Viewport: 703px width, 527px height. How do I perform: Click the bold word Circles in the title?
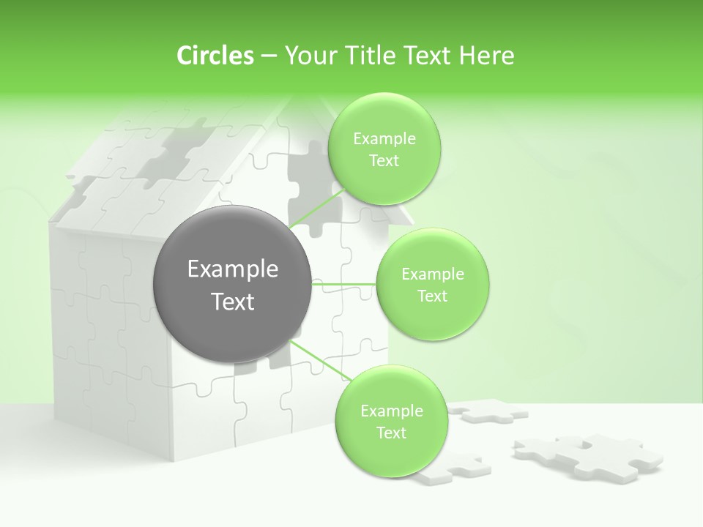point(215,56)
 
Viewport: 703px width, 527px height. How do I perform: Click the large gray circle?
point(232,285)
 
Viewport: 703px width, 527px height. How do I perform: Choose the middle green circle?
point(433,285)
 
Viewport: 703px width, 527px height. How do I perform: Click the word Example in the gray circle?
point(232,269)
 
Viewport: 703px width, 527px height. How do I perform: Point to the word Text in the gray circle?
point(232,302)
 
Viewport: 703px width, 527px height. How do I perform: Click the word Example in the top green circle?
point(384,139)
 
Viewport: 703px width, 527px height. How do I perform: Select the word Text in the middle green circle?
point(433,296)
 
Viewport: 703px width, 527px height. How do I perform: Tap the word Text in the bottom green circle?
point(391,433)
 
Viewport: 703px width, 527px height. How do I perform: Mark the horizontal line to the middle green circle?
point(344,283)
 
